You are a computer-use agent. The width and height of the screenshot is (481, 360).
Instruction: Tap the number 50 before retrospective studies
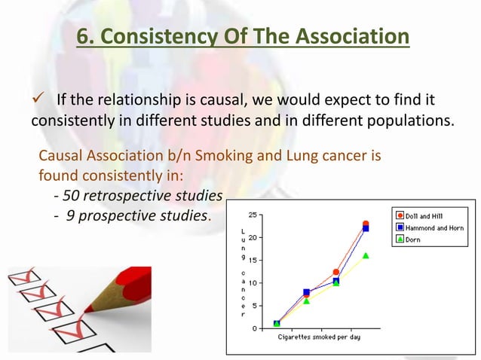[x=71, y=196]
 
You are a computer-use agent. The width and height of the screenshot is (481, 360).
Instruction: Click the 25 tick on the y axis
[x=256, y=215]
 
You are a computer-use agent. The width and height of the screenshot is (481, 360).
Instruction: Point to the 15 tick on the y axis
[x=256, y=260]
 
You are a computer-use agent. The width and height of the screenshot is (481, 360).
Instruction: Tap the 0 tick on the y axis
[x=259, y=328]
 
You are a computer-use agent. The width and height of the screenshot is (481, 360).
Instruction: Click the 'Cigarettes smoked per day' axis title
[x=319, y=337]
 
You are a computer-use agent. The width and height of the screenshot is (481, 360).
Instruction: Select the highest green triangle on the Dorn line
[x=366, y=255]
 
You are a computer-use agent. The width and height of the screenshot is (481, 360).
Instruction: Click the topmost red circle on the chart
[x=366, y=224]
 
